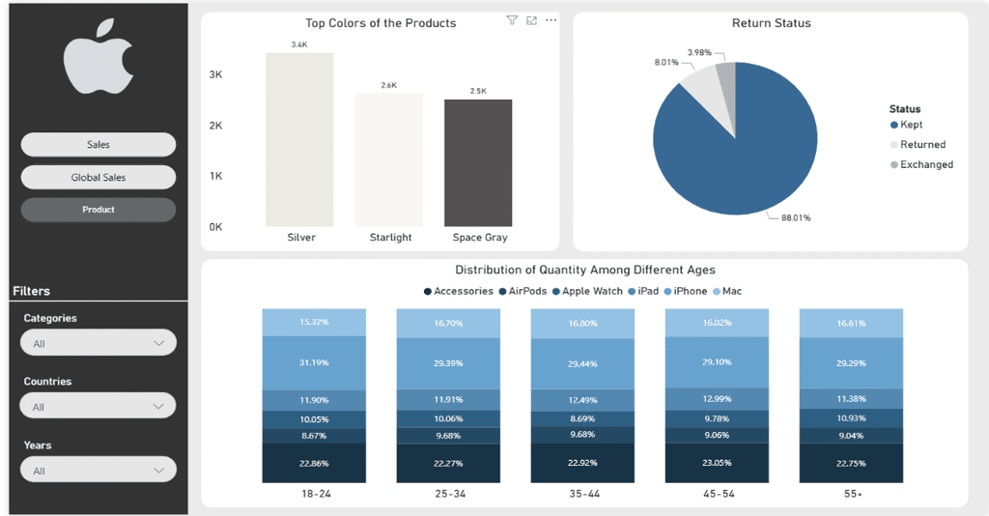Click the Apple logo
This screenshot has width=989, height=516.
click(x=99, y=57)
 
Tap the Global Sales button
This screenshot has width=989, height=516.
click(x=99, y=177)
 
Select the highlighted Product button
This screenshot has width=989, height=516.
click(x=99, y=210)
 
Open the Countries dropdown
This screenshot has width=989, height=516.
click(x=99, y=406)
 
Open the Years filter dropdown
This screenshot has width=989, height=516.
click(x=99, y=470)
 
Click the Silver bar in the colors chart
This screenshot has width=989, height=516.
click(x=299, y=139)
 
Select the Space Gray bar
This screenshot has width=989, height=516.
click(x=478, y=162)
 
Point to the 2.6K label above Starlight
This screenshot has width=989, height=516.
click(x=389, y=85)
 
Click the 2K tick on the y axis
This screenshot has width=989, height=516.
click(x=215, y=126)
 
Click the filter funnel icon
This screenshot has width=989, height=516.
click(x=512, y=20)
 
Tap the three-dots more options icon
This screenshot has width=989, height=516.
click(x=551, y=20)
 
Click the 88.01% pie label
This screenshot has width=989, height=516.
click(x=796, y=217)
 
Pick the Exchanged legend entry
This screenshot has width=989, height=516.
click(x=921, y=164)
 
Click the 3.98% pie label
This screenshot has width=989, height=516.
click(x=699, y=52)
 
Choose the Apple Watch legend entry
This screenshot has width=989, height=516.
click(x=587, y=291)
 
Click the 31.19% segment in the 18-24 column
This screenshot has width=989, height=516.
click(x=314, y=362)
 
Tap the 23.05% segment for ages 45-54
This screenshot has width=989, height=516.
click(x=718, y=463)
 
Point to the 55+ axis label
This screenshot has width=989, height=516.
click(x=853, y=494)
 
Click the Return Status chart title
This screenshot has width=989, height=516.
click(x=772, y=23)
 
